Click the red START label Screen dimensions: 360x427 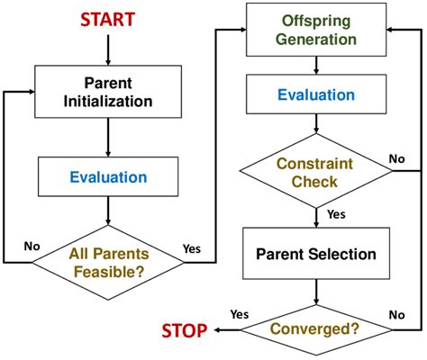tap(108, 18)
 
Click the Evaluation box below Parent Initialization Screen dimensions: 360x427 tap(108, 177)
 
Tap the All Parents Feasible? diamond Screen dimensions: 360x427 tap(108, 262)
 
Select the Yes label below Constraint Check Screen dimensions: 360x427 tap(336, 215)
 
